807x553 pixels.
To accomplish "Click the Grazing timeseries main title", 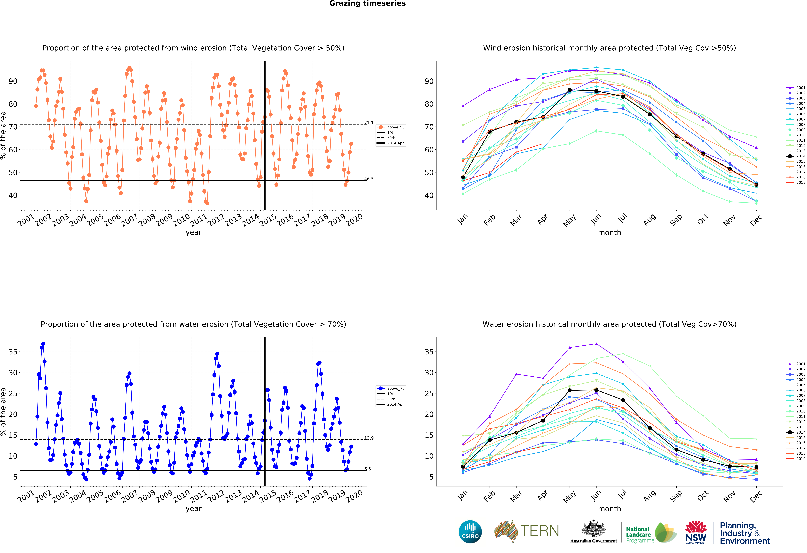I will pos(367,3).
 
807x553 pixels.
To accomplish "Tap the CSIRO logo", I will pos(470,531).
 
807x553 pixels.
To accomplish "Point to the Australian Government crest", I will pos(593,529).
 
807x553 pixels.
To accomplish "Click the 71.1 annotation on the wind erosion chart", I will pos(369,123).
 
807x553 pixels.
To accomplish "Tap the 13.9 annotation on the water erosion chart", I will pos(369,438).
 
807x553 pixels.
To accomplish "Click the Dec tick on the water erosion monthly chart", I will pos(756,496).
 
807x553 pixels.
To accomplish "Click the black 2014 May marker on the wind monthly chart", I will pos(569,90).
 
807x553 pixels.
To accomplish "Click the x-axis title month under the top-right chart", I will pos(609,233).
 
